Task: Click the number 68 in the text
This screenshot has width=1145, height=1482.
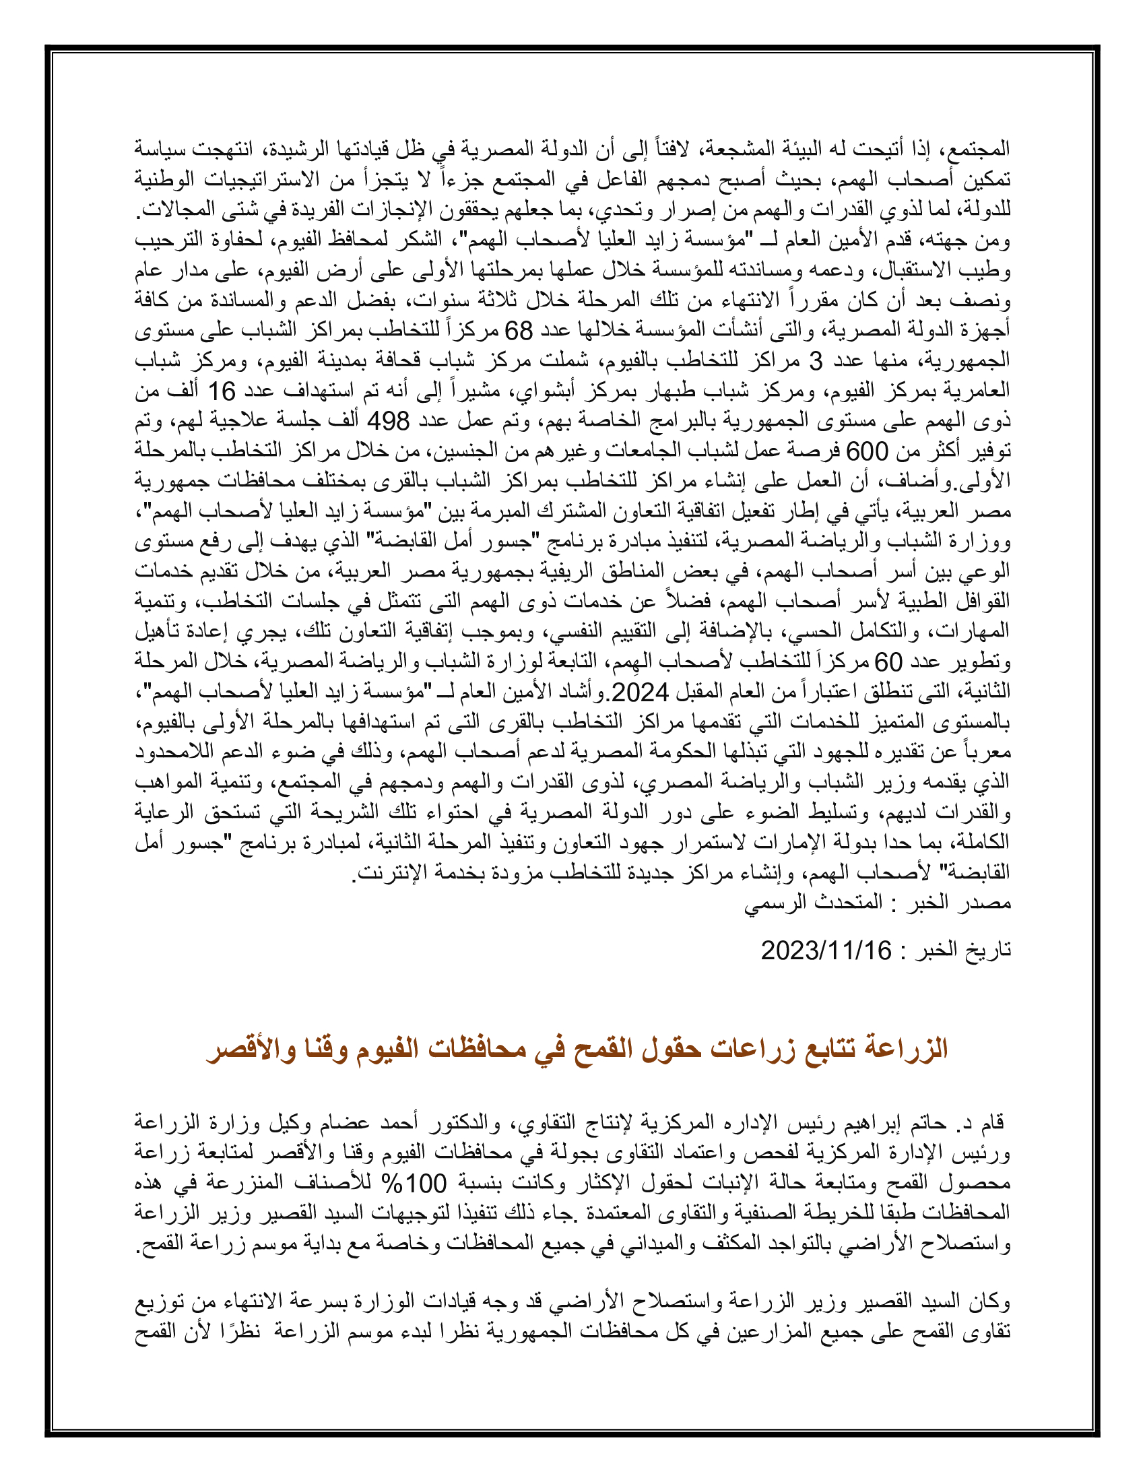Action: pyautogui.click(x=519, y=331)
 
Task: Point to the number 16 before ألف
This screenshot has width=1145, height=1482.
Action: pyautogui.click(x=220, y=391)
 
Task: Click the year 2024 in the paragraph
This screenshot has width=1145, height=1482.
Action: pyautogui.click(x=641, y=692)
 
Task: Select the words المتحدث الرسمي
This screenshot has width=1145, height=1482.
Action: pyautogui.click(x=814, y=903)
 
